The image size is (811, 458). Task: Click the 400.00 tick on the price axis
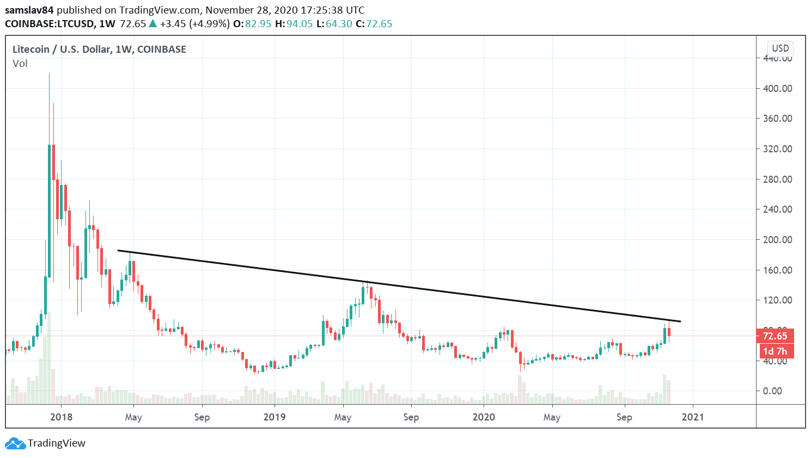(777, 88)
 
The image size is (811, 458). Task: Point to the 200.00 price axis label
(777, 239)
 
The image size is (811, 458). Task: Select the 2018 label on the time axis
(61, 417)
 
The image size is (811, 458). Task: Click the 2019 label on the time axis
(275, 417)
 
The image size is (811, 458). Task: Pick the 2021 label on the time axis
(692, 417)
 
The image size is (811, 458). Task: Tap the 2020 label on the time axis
(484, 417)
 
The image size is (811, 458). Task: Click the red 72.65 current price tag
(775, 336)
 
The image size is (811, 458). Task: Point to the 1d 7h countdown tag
(775, 351)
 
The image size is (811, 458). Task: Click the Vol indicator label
(20, 64)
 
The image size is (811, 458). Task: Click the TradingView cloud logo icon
(15, 443)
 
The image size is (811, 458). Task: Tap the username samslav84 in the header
(29, 10)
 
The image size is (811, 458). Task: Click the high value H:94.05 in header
(295, 24)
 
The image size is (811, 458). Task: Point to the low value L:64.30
(334, 24)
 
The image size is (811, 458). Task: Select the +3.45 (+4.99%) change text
(194, 24)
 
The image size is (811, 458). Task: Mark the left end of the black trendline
(118, 250)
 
